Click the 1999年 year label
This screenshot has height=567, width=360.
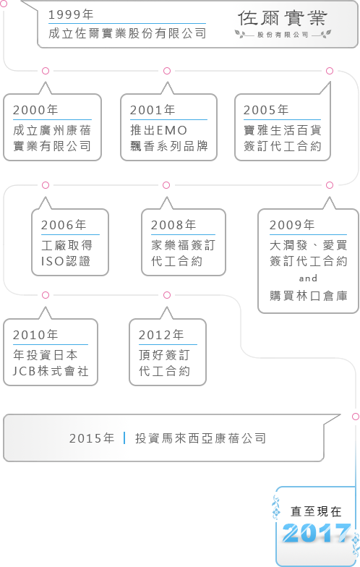[x=71, y=14]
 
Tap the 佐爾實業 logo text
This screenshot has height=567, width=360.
[x=282, y=18]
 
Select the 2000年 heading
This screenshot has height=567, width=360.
[x=35, y=110]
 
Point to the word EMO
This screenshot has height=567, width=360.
[x=172, y=130]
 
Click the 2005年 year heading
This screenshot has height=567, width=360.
[x=266, y=110]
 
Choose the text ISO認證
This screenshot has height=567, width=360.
[x=66, y=261]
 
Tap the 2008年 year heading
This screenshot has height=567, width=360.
[x=173, y=224]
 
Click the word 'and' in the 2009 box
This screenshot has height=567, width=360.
[x=308, y=278]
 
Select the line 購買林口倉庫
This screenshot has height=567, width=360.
[x=308, y=296]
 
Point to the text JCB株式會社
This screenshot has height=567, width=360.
[x=51, y=371]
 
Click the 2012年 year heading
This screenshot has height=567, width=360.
[x=161, y=334]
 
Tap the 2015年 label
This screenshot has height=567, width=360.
[x=92, y=438]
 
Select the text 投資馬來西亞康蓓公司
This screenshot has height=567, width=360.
[x=201, y=438]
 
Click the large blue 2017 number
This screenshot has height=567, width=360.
[x=317, y=532]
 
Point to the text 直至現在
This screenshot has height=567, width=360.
[x=317, y=511]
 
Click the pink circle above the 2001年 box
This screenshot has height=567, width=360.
[x=166, y=71]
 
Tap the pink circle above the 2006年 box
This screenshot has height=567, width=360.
[x=45, y=185]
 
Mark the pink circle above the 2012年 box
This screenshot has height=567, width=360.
[x=166, y=295]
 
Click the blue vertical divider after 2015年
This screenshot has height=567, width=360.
[x=124, y=438]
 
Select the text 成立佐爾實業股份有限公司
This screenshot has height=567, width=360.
[x=127, y=33]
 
